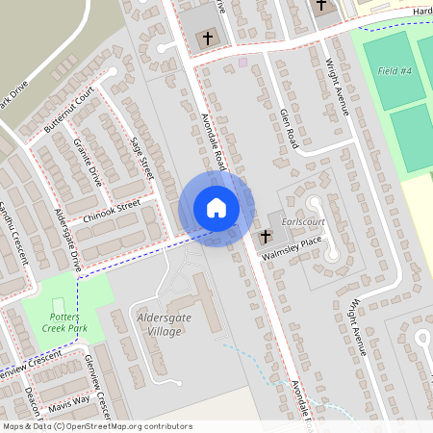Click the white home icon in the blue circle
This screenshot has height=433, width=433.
tap(216, 207)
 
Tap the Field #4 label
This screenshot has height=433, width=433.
tap(395, 71)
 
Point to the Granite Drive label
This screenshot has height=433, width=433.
tap(87, 161)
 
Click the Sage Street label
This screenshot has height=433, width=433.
tap(142, 157)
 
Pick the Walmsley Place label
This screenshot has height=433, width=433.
tap(297, 245)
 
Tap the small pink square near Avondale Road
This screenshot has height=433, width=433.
tap(242, 62)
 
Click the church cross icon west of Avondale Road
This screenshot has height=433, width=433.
tap(206, 38)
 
